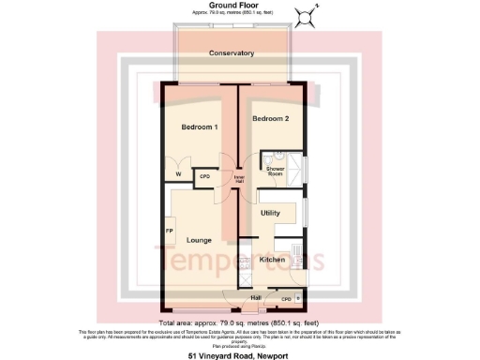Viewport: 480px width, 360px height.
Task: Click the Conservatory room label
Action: (232, 52)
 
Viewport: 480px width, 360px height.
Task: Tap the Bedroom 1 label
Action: (200, 127)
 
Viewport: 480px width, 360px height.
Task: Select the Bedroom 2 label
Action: (270, 118)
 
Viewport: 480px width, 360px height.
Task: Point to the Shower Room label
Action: (275, 171)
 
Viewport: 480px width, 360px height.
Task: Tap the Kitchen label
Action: (272, 259)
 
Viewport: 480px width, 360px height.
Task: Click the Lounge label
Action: (199, 240)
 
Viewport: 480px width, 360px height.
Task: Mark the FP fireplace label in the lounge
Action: (170, 231)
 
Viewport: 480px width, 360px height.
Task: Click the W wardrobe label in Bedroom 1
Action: (179, 174)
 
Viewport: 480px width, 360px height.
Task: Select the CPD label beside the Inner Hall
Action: (205, 175)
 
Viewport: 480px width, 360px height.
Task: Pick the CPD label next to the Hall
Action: (286, 299)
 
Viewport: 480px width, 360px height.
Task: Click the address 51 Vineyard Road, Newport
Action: (239, 355)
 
